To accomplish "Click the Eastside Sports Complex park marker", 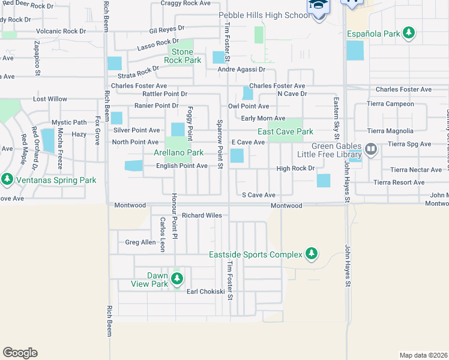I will point(311,254).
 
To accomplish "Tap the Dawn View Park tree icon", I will point(176,278).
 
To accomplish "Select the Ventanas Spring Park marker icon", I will point(7,179).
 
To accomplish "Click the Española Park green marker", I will point(409,33).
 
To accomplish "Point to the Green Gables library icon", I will point(370,148).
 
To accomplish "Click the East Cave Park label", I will point(285,131).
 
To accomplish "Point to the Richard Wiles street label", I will point(202,215).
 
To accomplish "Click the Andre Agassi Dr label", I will point(241,69).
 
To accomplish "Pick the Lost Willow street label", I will point(50,99).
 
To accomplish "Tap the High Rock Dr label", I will point(295,169).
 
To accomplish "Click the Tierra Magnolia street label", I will point(390,131).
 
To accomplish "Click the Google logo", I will point(20,353).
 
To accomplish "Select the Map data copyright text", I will point(423,355).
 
